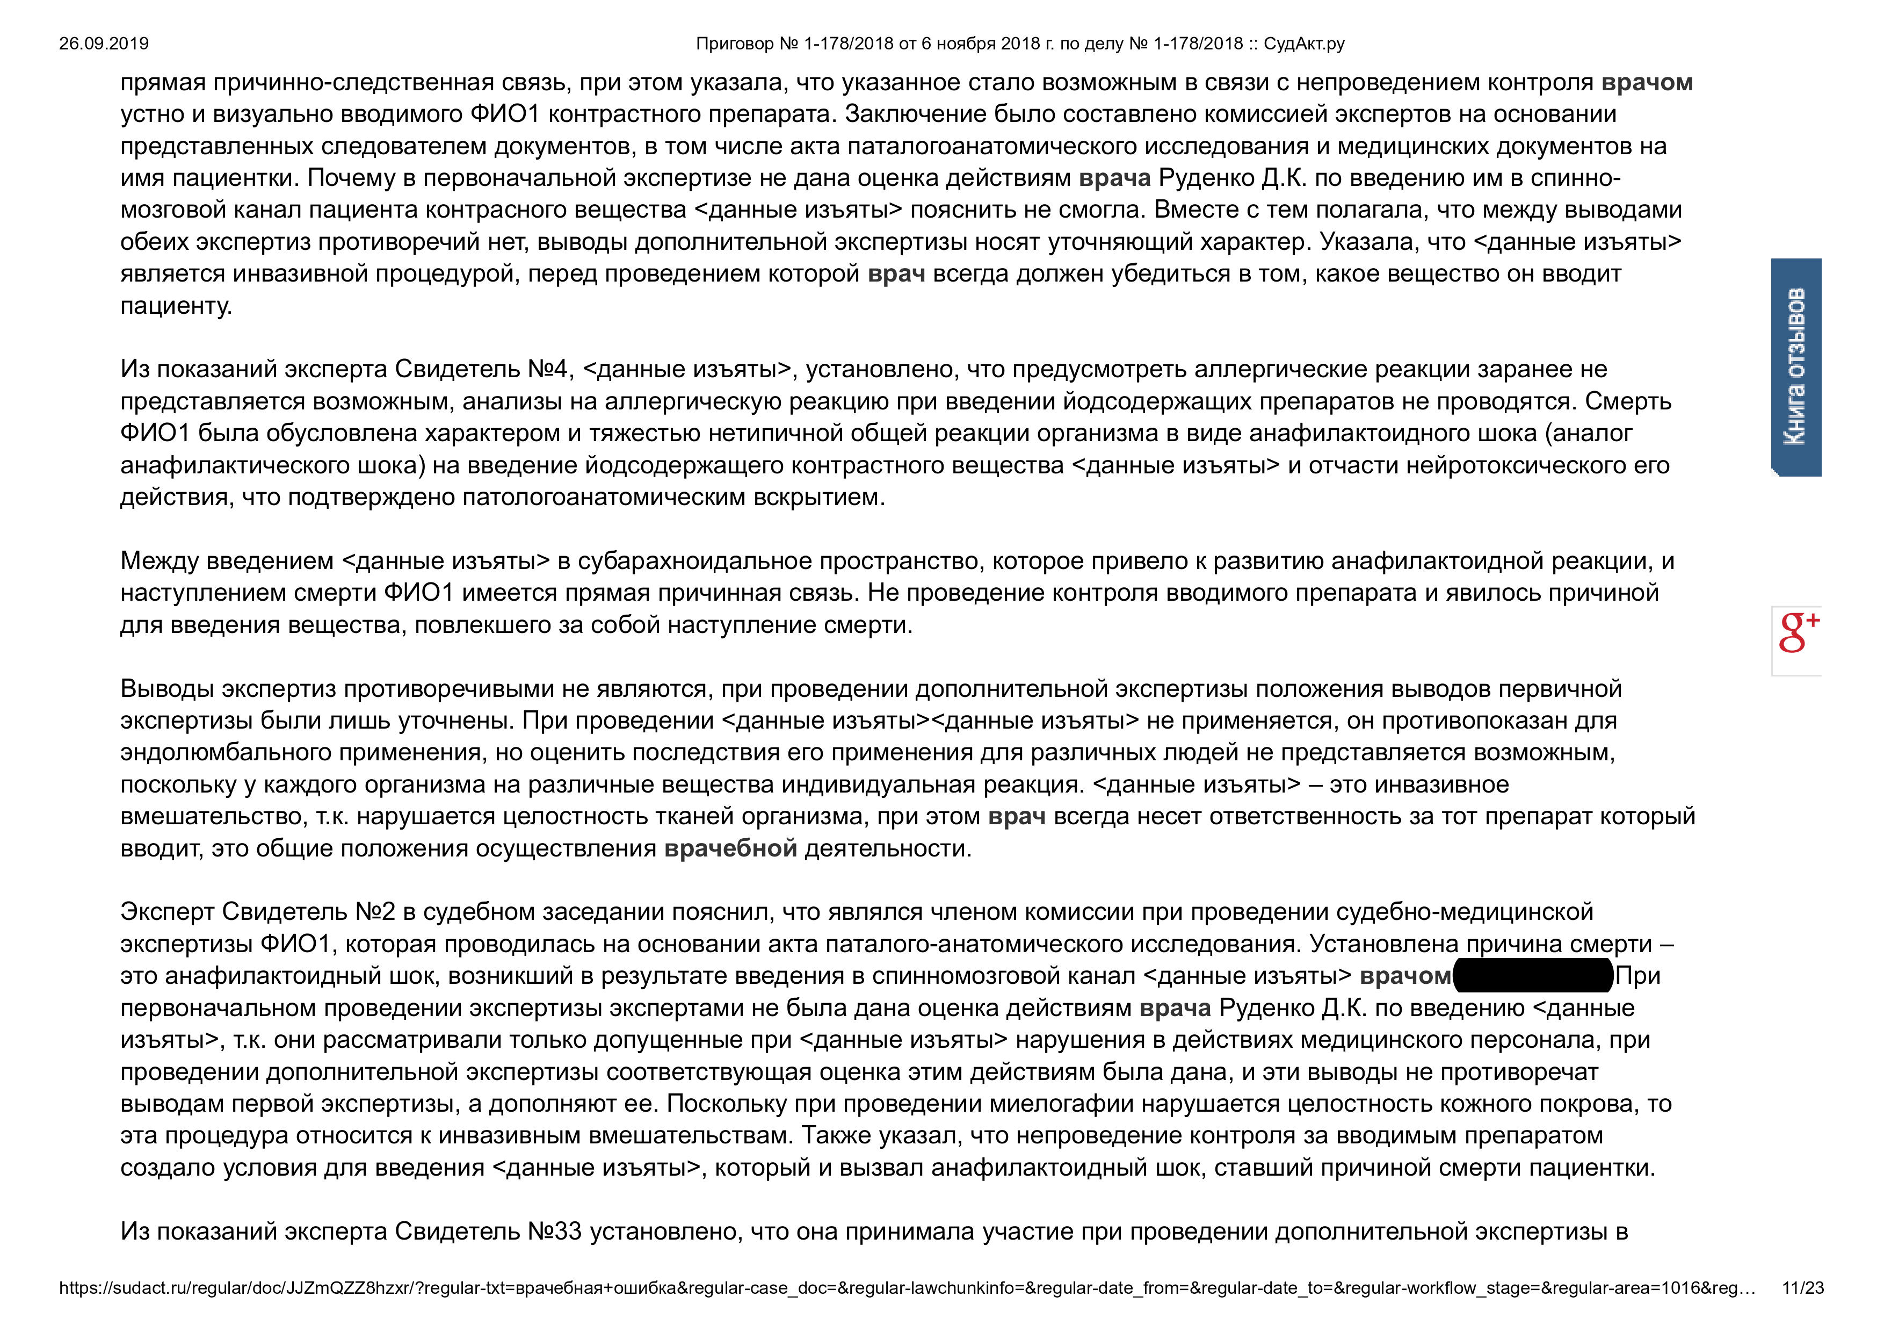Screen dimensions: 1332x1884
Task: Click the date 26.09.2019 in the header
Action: (104, 44)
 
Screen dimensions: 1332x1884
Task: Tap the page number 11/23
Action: (1803, 1288)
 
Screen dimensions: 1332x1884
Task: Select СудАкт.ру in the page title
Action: (1304, 44)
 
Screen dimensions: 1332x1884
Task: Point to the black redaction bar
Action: (1533, 976)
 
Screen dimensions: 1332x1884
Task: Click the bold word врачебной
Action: (730, 848)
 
